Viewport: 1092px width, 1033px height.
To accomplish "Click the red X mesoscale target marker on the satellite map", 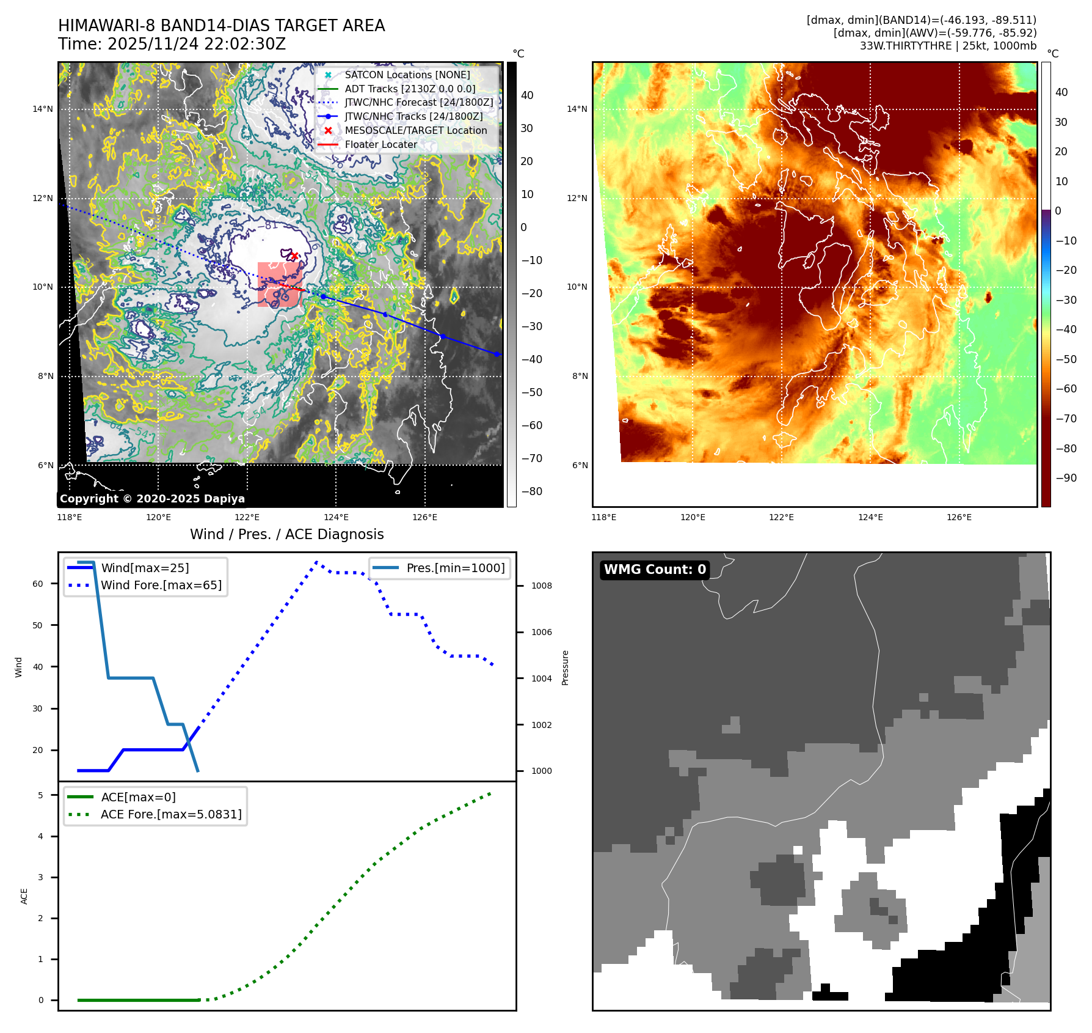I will pyautogui.click(x=294, y=255).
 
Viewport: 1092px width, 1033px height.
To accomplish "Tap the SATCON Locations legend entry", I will pyautogui.click(x=407, y=75).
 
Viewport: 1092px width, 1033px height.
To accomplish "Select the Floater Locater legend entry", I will pyautogui.click(x=380, y=145).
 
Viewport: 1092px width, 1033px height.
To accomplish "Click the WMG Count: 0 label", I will pyautogui.click(x=655, y=570).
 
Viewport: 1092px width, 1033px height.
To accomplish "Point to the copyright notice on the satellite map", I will pyautogui.click(x=152, y=499).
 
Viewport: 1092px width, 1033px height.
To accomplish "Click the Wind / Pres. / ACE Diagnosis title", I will pyautogui.click(x=286, y=534).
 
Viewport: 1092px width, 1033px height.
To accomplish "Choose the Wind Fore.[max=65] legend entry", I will pyautogui.click(x=161, y=585).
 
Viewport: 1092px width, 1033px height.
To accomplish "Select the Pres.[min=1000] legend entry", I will pyautogui.click(x=455, y=568).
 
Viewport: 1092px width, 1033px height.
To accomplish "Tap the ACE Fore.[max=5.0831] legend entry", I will pyautogui.click(x=171, y=814).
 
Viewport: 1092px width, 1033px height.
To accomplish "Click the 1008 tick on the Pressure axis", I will pyautogui.click(x=541, y=586).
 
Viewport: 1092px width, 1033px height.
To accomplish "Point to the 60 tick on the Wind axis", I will pyautogui.click(x=38, y=584).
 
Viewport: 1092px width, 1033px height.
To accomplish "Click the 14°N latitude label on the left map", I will pyautogui.click(x=43, y=109).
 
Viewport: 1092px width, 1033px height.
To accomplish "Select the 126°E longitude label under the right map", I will pyautogui.click(x=959, y=517).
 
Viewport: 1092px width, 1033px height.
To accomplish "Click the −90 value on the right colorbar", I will pyautogui.click(x=1066, y=478).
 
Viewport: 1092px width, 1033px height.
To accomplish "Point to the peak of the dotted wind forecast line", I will pyautogui.click(x=316, y=562).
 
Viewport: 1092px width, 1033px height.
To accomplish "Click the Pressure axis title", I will pyautogui.click(x=566, y=667).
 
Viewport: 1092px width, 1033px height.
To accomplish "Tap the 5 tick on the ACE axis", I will pyautogui.click(x=41, y=795).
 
